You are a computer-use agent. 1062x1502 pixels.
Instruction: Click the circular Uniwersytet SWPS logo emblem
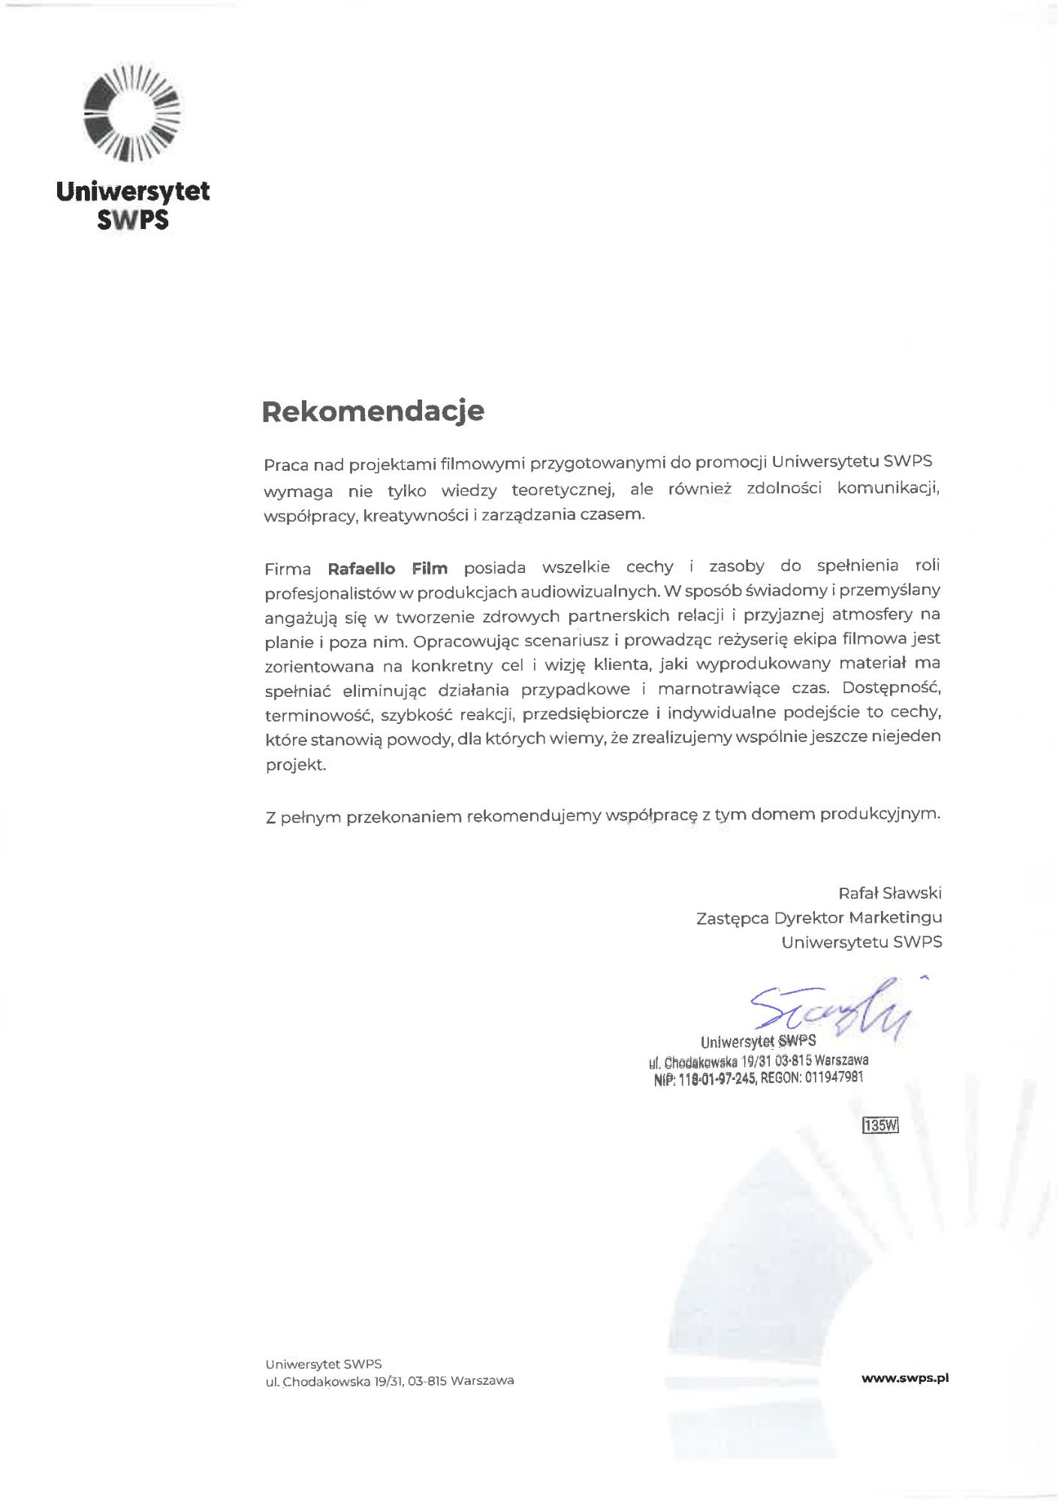(x=132, y=114)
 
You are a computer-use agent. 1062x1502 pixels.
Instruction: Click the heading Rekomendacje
(x=373, y=412)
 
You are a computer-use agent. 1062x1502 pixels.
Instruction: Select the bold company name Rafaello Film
(x=388, y=569)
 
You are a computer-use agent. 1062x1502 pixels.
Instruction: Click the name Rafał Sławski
(x=889, y=893)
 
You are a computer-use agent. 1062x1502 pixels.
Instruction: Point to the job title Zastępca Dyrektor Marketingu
(x=819, y=917)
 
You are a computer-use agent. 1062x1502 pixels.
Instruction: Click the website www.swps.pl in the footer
(x=905, y=1378)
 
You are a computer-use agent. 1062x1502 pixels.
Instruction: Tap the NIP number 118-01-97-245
(x=717, y=1079)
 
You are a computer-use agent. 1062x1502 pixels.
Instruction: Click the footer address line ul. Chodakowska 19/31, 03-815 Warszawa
(x=389, y=1380)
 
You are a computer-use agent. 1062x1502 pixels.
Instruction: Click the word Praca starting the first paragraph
(x=285, y=465)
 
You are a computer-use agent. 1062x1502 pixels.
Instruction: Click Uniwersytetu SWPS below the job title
(x=861, y=942)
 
